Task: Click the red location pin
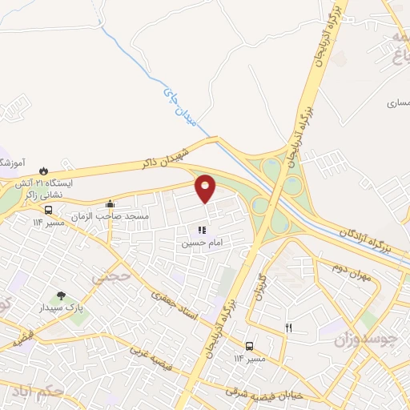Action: [207, 188]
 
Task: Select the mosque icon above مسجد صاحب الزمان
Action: [110, 204]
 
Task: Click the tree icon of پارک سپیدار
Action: [61, 297]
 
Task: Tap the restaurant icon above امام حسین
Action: [191, 230]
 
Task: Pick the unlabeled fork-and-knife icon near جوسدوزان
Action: [289, 328]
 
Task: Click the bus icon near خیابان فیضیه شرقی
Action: [251, 347]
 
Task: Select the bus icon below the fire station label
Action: [50, 210]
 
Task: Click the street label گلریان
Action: [259, 285]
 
